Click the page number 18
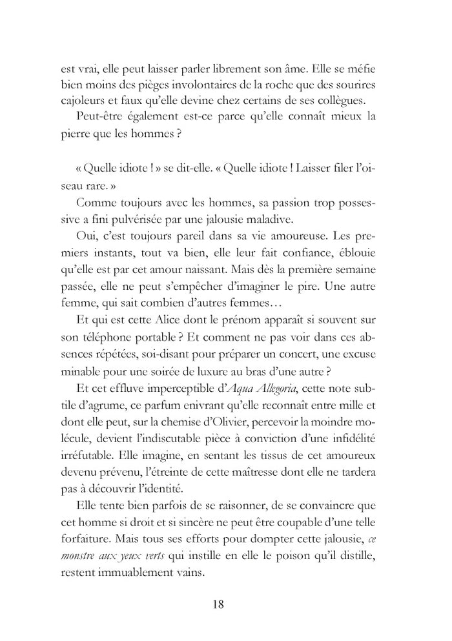218,605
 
